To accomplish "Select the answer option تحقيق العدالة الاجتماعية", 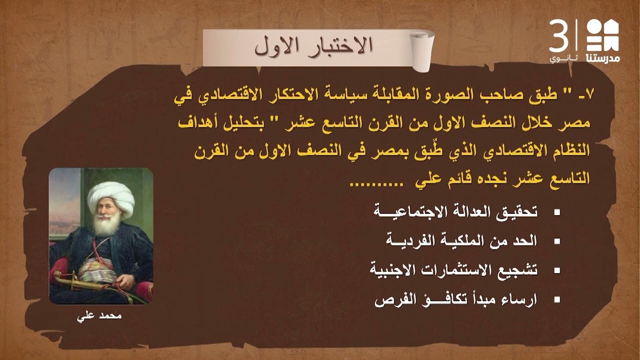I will (x=455, y=212).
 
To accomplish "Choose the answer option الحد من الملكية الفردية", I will (x=461, y=241).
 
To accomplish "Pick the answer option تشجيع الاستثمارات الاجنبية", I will (x=453, y=270).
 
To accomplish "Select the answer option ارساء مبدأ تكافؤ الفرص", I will (x=455, y=300).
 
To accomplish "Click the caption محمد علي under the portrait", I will (x=101, y=316).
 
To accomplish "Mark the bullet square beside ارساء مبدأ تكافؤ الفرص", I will (x=556, y=301).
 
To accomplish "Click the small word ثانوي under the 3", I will (x=563, y=58).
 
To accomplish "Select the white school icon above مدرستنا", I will (x=602, y=35).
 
